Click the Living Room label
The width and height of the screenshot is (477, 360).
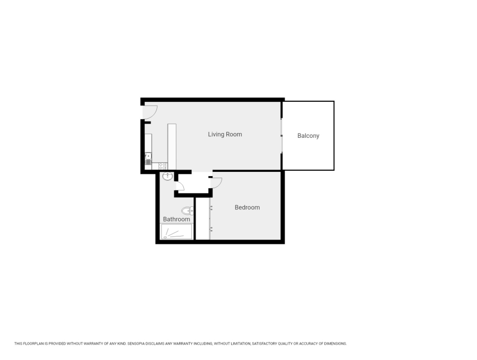(x=225, y=134)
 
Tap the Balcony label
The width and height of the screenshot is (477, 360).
(x=308, y=136)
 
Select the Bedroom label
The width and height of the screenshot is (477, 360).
(x=247, y=207)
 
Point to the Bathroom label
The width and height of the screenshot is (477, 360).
(x=176, y=219)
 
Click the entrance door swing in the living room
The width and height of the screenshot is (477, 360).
(x=150, y=111)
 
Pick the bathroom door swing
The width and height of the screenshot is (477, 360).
(x=180, y=185)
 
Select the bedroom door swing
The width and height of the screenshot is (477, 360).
(x=216, y=182)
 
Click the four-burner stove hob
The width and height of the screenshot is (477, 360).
(x=163, y=166)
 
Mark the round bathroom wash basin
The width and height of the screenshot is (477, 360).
(x=167, y=176)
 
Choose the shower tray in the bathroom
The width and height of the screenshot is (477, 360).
(x=176, y=232)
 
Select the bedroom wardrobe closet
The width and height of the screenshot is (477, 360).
(x=202, y=218)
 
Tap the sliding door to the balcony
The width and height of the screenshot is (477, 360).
(x=281, y=136)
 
